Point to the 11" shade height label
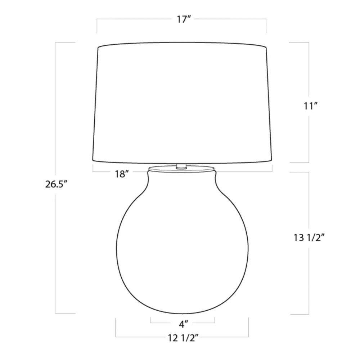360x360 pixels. [310, 106]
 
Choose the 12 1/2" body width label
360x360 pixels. [183, 338]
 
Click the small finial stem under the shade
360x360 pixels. [181, 166]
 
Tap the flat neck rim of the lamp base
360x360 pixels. [182, 169]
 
